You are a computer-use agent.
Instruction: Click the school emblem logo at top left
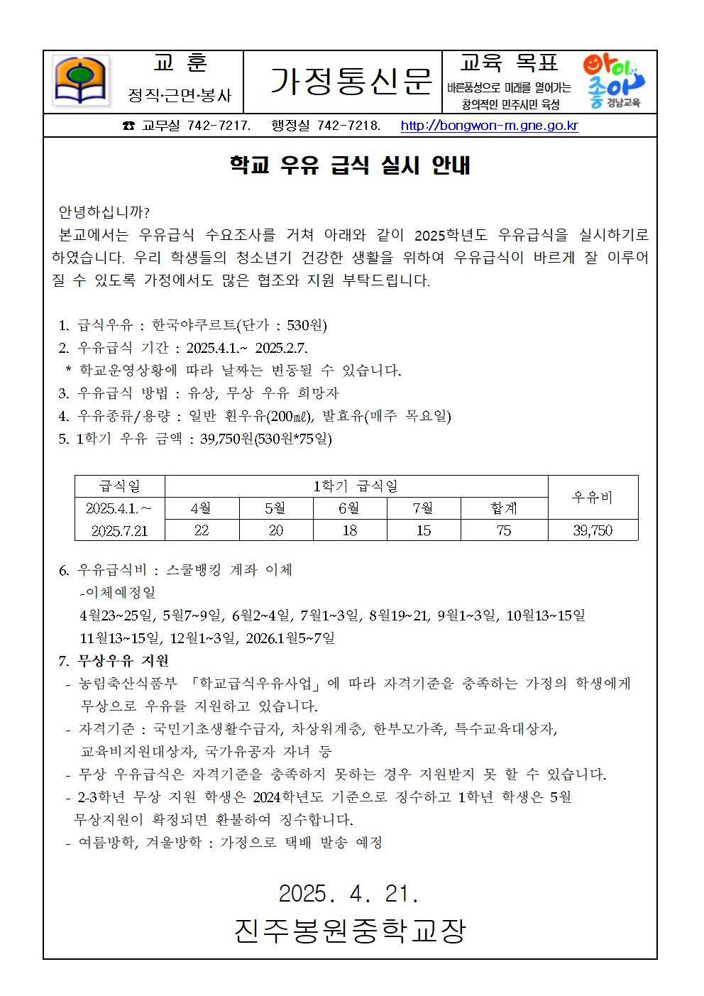point(82,82)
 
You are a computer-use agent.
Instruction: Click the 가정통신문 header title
point(351,82)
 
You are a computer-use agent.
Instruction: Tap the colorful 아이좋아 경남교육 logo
point(613,82)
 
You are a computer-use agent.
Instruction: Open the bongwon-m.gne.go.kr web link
point(489,126)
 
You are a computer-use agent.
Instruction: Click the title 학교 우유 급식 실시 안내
point(350,165)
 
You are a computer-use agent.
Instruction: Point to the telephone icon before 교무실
point(128,126)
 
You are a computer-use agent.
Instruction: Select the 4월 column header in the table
point(202,508)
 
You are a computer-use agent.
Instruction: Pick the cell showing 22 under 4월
point(202,530)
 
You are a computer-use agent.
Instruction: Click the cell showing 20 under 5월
point(275,530)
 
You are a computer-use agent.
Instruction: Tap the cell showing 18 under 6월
point(350,530)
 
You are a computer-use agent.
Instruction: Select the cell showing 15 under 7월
point(424,530)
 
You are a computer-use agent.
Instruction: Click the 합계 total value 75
point(504,530)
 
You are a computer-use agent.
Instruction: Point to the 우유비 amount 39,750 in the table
point(593,530)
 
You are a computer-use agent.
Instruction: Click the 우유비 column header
point(593,498)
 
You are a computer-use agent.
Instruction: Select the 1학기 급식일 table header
point(356,486)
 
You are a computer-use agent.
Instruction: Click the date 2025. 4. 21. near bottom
point(349,893)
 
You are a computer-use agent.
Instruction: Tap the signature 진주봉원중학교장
point(350,931)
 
